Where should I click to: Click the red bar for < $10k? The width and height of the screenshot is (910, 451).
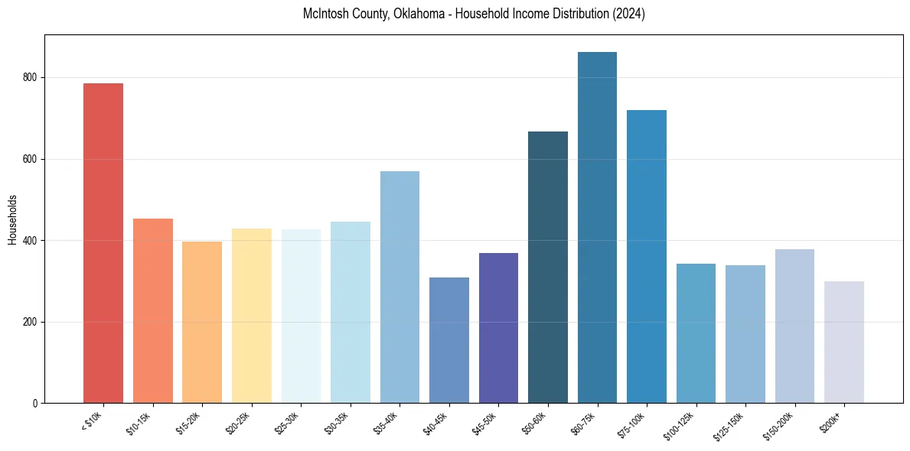pyautogui.click(x=103, y=243)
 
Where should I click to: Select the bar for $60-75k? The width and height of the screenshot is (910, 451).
pyautogui.click(x=597, y=228)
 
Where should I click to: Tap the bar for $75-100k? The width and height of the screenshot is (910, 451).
pyautogui.click(x=647, y=257)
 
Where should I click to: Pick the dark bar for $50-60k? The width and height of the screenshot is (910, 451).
pyautogui.click(x=548, y=268)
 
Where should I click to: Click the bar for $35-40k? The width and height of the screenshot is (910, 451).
pyautogui.click(x=400, y=287)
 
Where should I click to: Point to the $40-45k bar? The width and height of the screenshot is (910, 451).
pyautogui.click(x=449, y=340)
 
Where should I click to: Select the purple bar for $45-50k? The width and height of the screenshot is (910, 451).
pyautogui.click(x=498, y=328)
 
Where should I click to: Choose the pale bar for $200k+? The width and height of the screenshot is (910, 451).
pyautogui.click(x=844, y=342)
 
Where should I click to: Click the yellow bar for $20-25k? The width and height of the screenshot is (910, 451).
pyautogui.click(x=252, y=316)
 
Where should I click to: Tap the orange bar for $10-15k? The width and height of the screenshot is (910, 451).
pyautogui.click(x=153, y=311)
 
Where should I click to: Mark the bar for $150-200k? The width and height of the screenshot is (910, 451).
pyautogui.click(x=794, y=326)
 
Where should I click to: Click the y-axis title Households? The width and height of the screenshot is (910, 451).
pyautogui.click(x=12, y=219)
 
